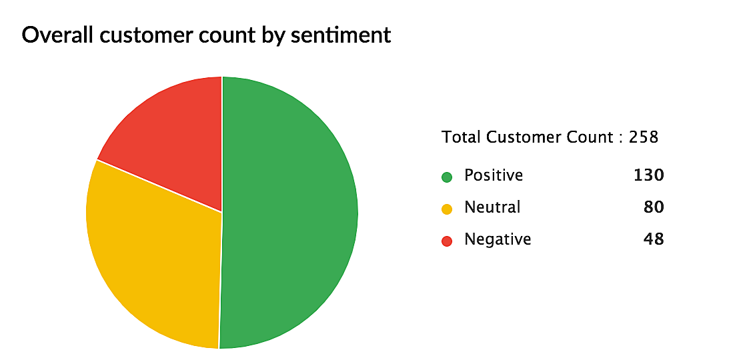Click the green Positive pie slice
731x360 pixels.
(293, 213)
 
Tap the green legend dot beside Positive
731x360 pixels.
(447, 177)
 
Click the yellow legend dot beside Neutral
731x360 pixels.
(447, 209)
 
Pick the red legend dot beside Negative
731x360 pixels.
(447, 241)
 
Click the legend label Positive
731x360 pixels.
(494, 175)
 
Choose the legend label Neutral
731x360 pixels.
(492, 207)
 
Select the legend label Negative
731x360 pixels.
(498, 239)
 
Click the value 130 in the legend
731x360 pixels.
(648, 175)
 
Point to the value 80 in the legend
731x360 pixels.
(654, 207)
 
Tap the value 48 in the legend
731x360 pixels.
(654, 239)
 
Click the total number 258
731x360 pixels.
(644, 137)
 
